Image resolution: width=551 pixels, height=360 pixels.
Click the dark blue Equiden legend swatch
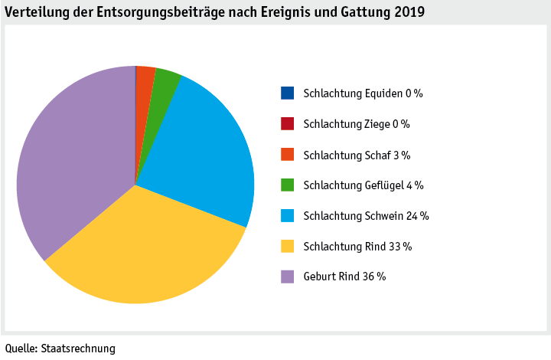click(287, 93)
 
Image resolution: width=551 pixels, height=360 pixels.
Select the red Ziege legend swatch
click(287, 124)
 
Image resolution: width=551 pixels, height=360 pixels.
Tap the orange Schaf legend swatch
click(287, 155)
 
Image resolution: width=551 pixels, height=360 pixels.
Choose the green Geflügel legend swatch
click(287, 185)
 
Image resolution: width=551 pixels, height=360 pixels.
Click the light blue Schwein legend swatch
click(287, 216)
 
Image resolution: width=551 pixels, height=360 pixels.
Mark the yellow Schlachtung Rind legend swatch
click(287, 247)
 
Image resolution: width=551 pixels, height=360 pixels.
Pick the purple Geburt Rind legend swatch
click(287, 277)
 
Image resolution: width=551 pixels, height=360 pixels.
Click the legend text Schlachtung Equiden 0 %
click(363, 93)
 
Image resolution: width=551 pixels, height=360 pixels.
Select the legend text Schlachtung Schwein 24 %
click(366, 216)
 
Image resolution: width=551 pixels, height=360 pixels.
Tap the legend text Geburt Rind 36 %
click(344, 277)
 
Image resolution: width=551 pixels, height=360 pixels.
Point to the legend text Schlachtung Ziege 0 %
click(357, 124)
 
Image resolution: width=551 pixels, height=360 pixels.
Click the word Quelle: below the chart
click(21, 349)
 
